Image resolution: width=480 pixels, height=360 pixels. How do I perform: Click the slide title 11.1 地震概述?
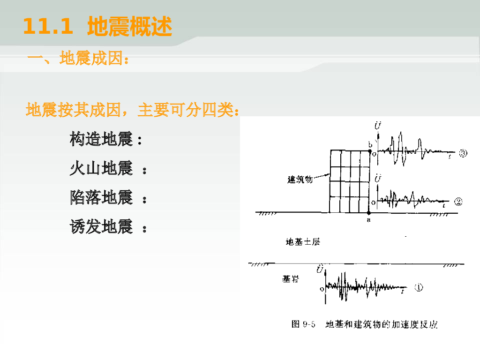(97, 26)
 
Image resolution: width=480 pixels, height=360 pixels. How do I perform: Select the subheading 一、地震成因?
(78, 58)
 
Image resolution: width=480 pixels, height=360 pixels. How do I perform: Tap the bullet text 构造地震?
(101, 139)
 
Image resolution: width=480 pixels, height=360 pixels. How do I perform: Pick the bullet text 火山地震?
(101, 168)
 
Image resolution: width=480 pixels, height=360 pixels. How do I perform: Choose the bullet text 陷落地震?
(101, 197)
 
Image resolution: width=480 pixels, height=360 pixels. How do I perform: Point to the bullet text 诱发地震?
(101, 226)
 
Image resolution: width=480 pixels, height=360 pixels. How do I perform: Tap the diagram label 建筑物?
(300, 180)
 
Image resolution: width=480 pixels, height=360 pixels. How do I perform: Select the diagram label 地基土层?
(303, 242)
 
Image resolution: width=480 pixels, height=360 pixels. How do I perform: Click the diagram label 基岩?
(290, 279)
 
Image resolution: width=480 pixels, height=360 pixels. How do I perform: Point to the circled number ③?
(463, 153)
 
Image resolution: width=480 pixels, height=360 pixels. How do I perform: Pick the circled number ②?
(458, 202)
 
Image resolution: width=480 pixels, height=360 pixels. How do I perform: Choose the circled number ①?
(419, 287)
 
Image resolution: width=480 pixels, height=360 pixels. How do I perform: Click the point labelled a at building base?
(369, 213)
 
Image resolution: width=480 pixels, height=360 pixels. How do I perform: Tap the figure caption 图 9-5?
(303, 324)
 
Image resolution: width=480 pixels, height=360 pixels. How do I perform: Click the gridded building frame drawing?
(350, 181)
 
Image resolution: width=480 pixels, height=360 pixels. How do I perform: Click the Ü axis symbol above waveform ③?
(378, 126)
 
